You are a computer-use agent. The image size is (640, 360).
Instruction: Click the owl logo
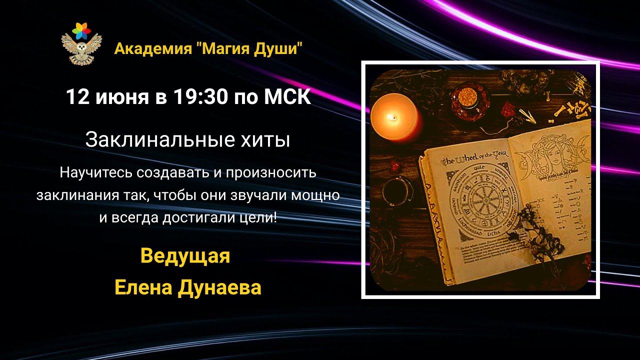[81, 44]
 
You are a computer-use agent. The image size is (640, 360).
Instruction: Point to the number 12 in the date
[77, 97]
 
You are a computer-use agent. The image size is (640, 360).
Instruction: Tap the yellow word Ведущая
[185, 256]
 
